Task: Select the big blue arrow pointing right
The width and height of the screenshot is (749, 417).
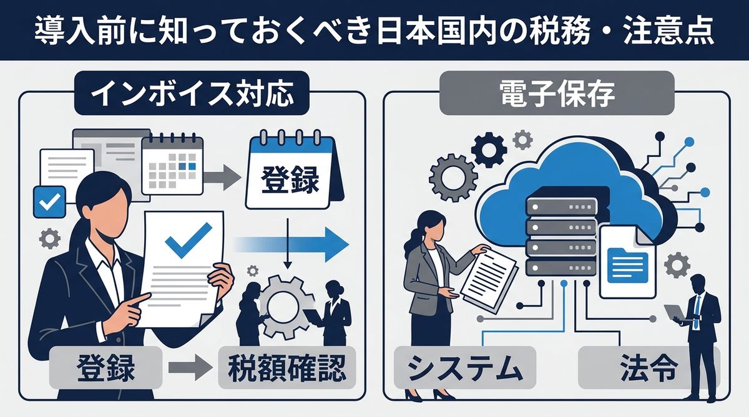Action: [x=293, y=243]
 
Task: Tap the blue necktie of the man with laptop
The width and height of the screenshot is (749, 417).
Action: [x=697, y=309]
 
